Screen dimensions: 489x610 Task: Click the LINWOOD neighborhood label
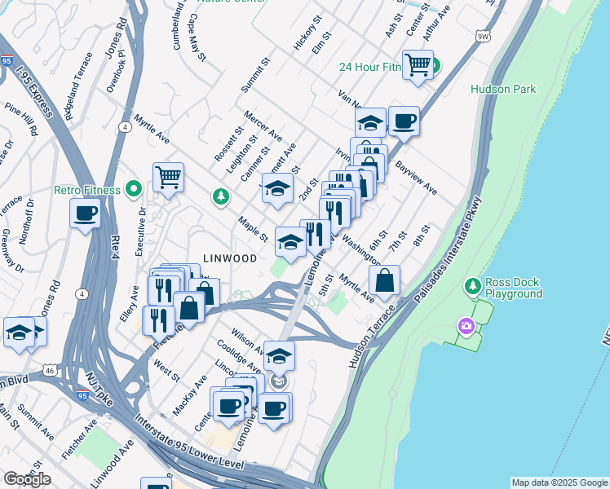click(224, 258)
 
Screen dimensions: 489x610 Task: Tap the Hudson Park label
click(503, 89)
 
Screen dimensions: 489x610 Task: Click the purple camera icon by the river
click(466, 327)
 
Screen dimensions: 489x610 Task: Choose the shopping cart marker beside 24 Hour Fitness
click(418, 64)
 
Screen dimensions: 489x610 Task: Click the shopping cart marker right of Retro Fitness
click(168, 176)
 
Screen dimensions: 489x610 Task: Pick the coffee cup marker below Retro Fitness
click(86, 215)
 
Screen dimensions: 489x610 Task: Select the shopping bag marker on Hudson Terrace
click(385, 280)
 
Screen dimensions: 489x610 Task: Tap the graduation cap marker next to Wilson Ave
click(279, 356)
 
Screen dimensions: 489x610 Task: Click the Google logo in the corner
click(27, 479)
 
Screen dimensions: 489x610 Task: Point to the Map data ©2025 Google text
click(559, 482)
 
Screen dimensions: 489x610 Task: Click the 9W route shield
click(483, 37)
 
